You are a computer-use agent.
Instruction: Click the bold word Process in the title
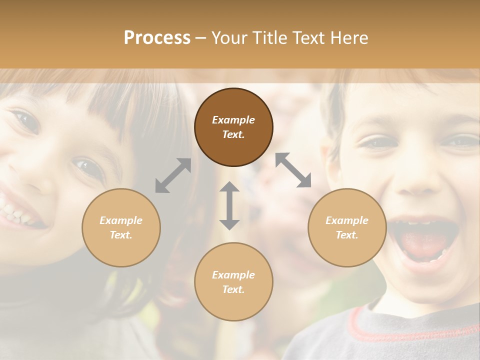pos(157,38)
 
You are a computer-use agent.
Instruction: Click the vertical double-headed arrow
pos(229,205)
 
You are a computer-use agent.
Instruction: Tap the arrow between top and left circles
pos(173,175)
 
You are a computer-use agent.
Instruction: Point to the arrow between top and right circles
pos(293,170)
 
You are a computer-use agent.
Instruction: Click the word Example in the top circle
pos(233,120)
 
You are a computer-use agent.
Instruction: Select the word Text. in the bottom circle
pos(233,289)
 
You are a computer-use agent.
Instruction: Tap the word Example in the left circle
pos(121,220)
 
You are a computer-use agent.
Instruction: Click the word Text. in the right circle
pos(347,235)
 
